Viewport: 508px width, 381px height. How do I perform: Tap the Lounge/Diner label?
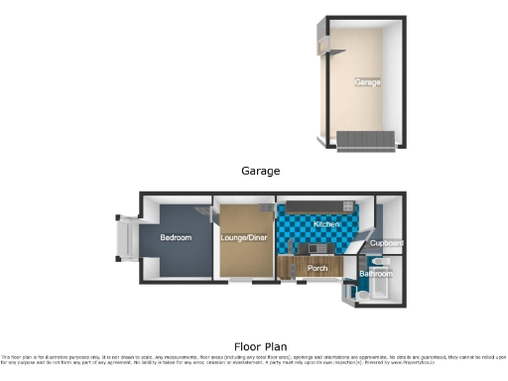click(243, 237)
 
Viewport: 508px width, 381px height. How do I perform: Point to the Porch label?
click(317, 268)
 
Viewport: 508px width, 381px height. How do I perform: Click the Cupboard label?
click(387, 243)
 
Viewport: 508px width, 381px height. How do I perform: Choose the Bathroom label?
click(376, 272)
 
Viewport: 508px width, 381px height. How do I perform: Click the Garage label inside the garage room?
click(367, 82)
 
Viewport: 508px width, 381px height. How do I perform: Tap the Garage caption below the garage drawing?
click(261, 171)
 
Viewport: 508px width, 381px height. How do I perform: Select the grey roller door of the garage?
click(366, 140)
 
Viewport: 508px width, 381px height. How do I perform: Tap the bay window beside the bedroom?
click(128, 238)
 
